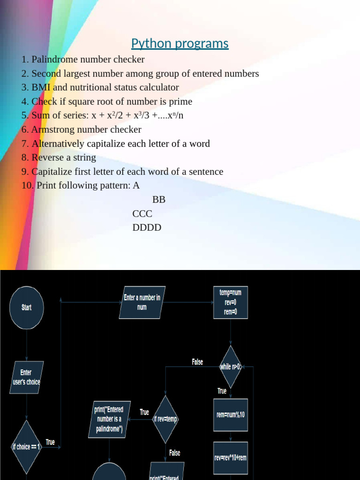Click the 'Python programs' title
[x=180, y=44]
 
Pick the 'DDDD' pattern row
[x=147, y=228]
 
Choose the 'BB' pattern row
[x=159, y=200]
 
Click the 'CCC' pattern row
[x=142, y=214]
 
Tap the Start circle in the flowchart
[x=27, y=307]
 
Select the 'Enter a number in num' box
[x=142, y=302]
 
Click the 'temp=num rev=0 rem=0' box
[x=230, y=302]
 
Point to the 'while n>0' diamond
[x=230, y=367]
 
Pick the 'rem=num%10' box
[x=230, y=415]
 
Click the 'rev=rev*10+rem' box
[x=230, y=457]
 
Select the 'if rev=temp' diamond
[x=165, y=419]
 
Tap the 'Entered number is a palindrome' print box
[x=109, y=420]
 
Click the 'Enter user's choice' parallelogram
[x=27, y=377]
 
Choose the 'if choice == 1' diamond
[x=27, y=447]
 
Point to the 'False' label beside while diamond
[x=197, y=362]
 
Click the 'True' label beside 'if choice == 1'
[x=50, y=442]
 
